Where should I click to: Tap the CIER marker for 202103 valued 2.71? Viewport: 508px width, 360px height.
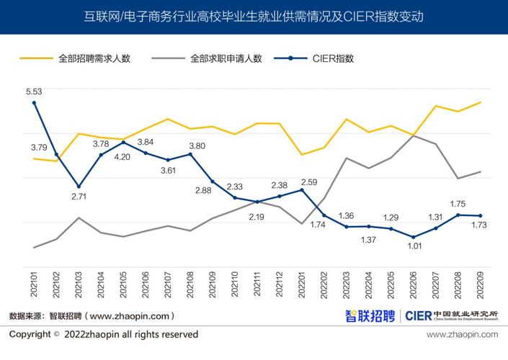coord(79,186)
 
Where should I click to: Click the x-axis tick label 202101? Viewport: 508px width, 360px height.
coord(34,280)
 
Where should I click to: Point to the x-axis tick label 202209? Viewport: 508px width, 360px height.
coord(480,280)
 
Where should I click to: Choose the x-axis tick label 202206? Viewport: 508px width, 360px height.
coord(413,280)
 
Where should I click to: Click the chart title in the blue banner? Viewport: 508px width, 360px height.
coord(254,16)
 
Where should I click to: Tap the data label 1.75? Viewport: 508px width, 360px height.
coord(458,204)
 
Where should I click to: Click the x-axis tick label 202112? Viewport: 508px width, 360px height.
coord(280,280)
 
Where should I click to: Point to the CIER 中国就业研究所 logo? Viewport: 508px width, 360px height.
coord(451,315)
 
